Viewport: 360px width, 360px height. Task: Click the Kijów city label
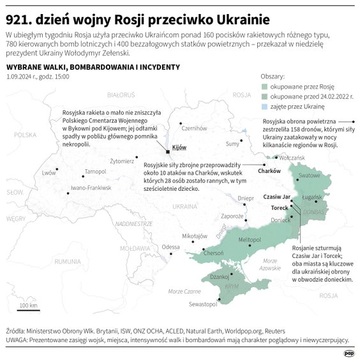(x=179, y=147)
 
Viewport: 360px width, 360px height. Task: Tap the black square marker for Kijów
(x=168, y=152)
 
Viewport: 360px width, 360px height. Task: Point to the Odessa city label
(x=170, y=246)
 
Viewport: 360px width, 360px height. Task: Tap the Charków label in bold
(x=269, y=171)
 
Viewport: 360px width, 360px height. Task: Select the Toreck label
(x=280, y=208)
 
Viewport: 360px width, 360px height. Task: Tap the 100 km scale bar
(x=27, y=310)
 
